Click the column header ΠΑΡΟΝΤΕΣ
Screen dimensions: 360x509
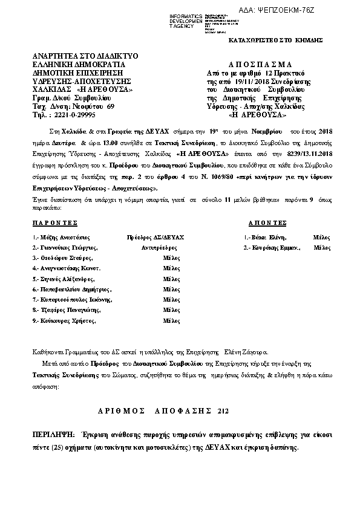tap(56, 222)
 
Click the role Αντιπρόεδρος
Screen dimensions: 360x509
tap(159, 248)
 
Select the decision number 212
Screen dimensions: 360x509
tap(223, 410)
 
